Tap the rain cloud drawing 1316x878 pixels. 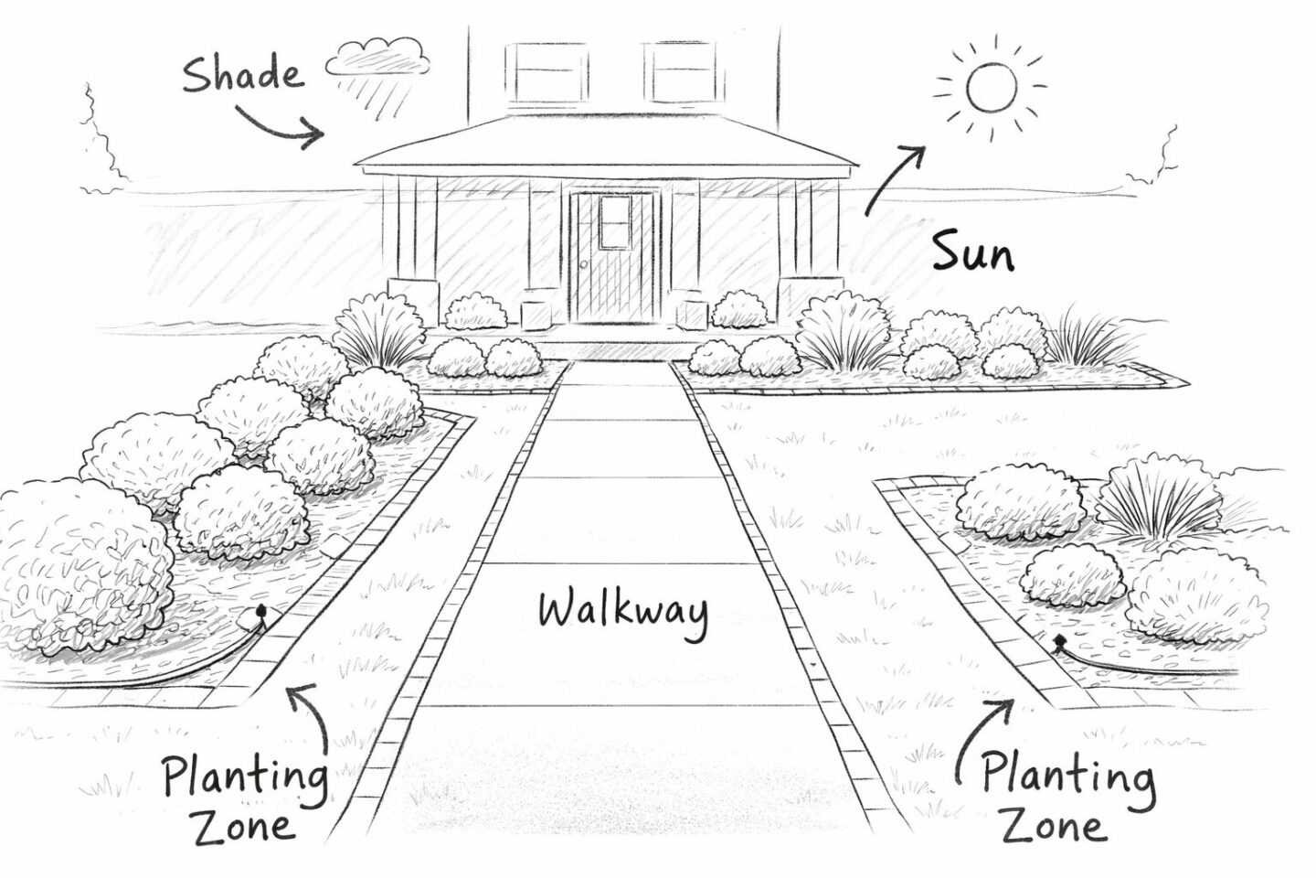[378, 59]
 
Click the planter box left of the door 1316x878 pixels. [538, 309]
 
